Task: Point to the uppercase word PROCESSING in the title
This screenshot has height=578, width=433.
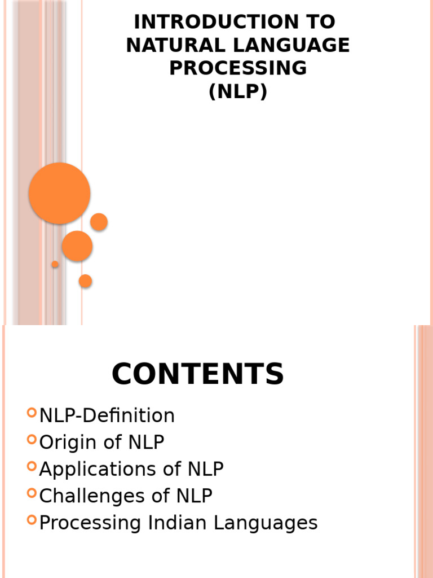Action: pos(238,68)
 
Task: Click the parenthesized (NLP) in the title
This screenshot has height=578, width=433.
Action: pos(238,90)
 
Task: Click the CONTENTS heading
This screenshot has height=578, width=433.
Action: pos(198,374)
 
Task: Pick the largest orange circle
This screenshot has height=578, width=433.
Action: pos(60,193)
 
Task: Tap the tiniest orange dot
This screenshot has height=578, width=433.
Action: pos(55,264)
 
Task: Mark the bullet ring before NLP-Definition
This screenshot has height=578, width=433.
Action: pos(32,413)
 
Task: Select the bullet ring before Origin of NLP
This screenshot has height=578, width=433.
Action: pos(32,439)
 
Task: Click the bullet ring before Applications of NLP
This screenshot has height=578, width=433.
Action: pos(32,466)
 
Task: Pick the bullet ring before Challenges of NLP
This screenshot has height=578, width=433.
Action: pos(32,493)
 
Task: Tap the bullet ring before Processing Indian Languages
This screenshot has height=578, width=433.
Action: pos(32,520)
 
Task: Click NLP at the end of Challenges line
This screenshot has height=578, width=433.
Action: pos(194,496)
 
